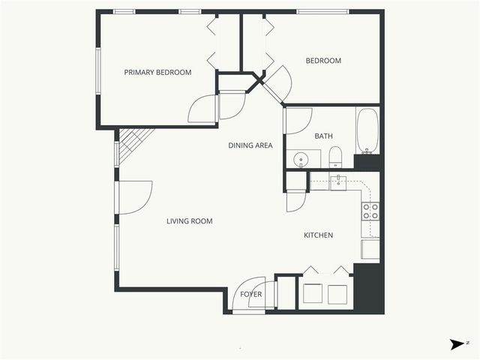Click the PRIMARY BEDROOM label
coord(157,73)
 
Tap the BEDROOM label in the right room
coord(323,61)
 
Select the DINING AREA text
coord(250,145)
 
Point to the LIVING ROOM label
coord(190,221)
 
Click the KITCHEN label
coord(318,235)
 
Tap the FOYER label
coord(250,294)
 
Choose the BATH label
coord(323,136)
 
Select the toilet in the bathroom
coord(335,158)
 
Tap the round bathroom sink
coord(301,160)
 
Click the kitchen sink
coord(337,181)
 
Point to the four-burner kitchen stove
coord(370,211)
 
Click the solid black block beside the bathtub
coord(367,161)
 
